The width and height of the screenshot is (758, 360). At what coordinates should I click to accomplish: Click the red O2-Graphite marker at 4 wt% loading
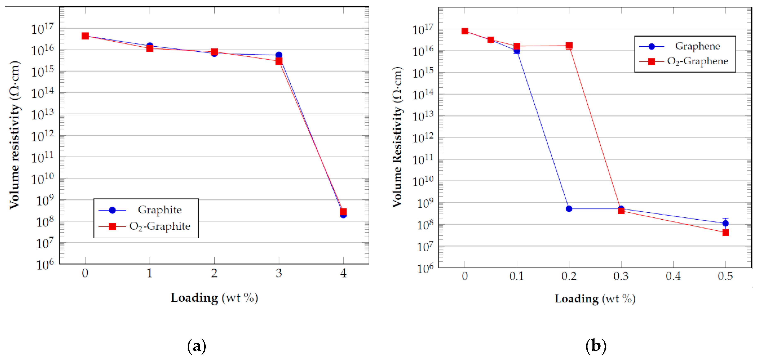[x=343, y=212]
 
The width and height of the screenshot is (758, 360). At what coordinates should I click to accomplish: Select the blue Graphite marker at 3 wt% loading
[x=279, y=55]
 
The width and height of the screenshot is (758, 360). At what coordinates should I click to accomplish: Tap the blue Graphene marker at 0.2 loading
[x=569, y=208]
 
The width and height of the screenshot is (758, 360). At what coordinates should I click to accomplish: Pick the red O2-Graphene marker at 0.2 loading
[x=569, y=45]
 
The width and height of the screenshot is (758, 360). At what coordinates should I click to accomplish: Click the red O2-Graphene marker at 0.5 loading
[x=725, y=232]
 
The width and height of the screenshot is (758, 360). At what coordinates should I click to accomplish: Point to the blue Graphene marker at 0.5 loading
[x=725, y=223]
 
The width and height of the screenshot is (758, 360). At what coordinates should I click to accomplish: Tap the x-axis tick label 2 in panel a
[x=214, y=273]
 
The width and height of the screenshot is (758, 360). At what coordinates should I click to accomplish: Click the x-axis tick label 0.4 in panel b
[x=673, y=276]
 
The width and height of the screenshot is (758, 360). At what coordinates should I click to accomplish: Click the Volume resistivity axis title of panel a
[x=14, y=135]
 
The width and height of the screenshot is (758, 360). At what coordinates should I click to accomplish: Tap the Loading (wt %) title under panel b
[x=595, y=299]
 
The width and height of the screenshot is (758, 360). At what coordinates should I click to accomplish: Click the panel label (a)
[x=197, y=346]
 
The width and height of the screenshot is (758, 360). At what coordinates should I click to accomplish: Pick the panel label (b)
[x=596, y=346]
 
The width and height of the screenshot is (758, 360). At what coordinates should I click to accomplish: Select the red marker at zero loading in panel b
[x=465, y=31]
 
